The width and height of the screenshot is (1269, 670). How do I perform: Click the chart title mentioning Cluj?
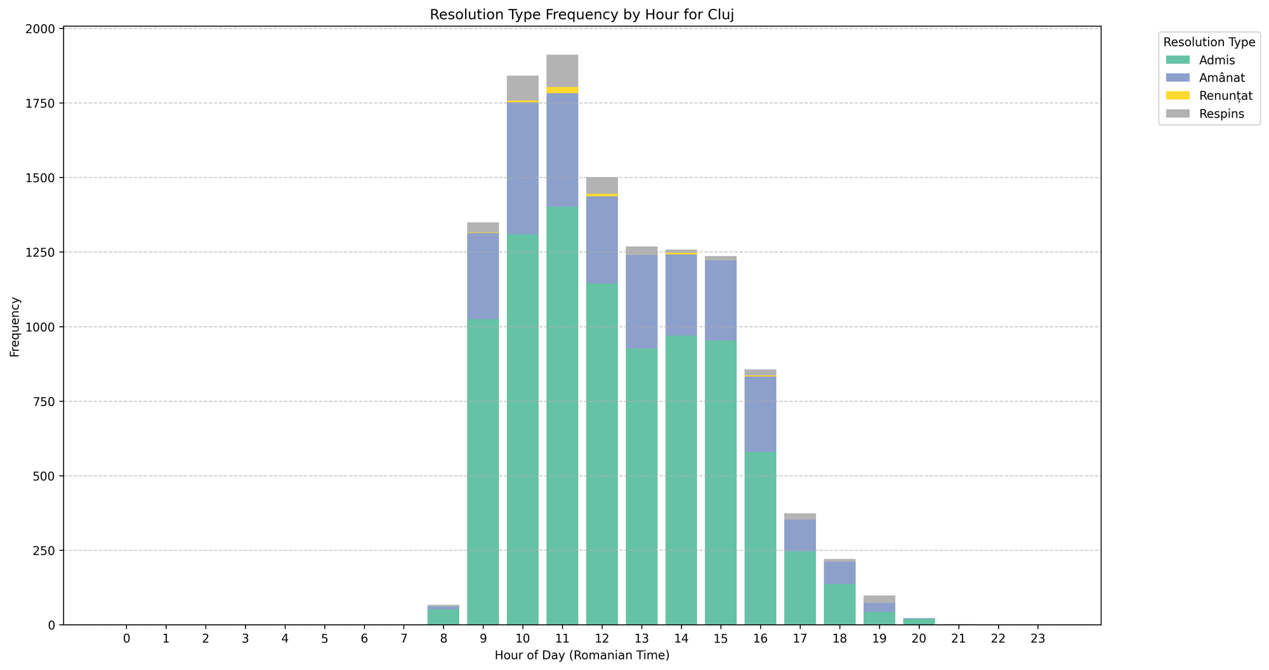(x=582, y=15)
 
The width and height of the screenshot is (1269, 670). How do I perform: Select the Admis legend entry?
(x=1216, y=60)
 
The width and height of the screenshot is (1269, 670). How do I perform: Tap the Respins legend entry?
(x=1221, y=114)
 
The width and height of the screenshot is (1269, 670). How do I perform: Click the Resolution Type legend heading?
(x=1209, y=43)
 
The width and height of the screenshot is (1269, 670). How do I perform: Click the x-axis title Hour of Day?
(x=582, y=655)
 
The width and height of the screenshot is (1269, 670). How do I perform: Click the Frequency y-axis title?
(x=15, y=327)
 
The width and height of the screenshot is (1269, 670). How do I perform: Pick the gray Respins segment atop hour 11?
(x=562, y=71)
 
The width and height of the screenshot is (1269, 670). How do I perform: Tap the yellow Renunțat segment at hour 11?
(x=562, y=90)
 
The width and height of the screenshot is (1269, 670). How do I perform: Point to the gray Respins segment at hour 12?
(x=602, y=185)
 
